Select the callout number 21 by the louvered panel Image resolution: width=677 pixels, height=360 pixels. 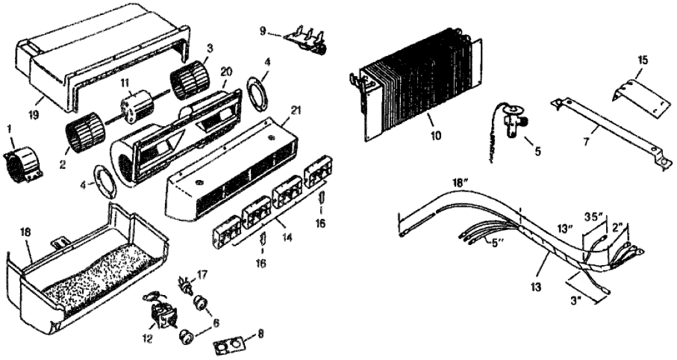(x=296, y=111)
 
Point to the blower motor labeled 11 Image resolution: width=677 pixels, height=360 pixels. (x=135, y=105)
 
